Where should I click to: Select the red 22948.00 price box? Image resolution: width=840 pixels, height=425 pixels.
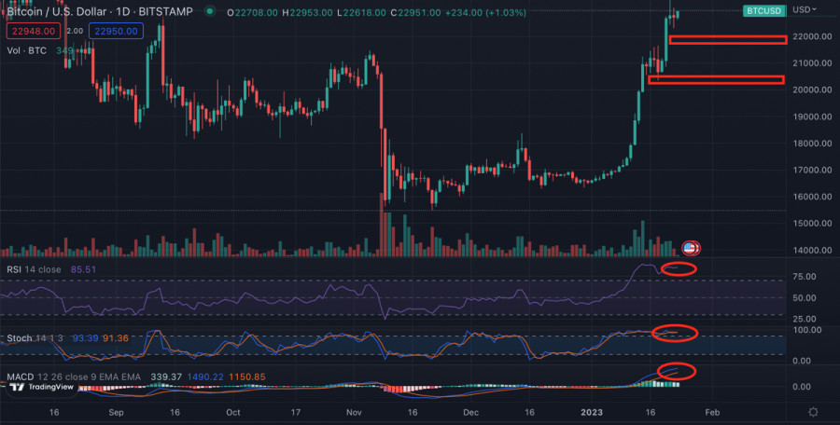click(33, 31)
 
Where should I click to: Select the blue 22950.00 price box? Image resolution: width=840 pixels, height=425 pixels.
click(116, 31)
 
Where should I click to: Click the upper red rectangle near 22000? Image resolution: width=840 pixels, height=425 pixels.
click(728, 39)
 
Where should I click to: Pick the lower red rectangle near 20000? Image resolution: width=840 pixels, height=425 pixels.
click(716, 79)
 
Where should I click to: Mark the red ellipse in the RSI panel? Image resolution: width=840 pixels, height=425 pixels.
click(679, 269)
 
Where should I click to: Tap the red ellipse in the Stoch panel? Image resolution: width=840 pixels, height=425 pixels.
click(675, 333)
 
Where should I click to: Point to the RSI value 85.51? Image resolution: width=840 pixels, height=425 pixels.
click(83, 269)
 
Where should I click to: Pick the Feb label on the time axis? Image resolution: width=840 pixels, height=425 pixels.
click(712, 411)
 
